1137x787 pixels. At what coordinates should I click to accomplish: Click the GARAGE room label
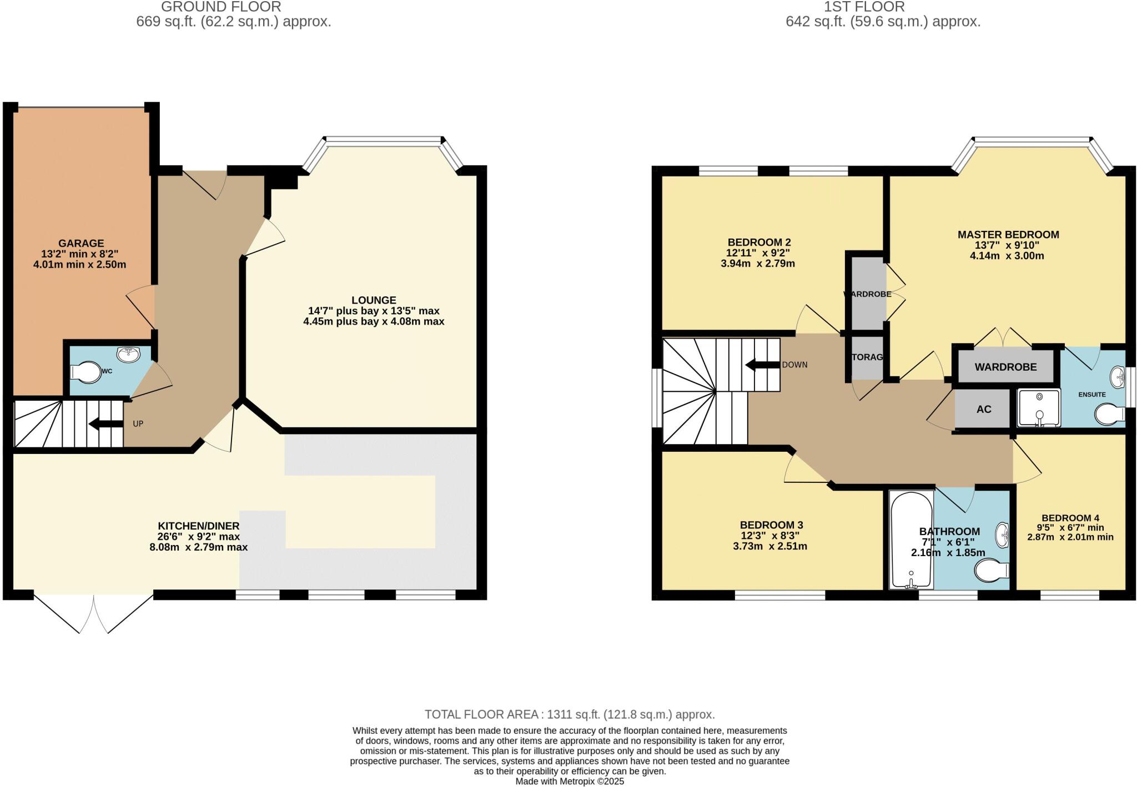pyautogui.click(x=81, y=243)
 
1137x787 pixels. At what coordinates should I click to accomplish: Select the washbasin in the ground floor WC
pyautogui.click(x=129, y=353)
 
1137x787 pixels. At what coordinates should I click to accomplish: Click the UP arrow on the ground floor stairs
pyautogui.click(x=106, y=425)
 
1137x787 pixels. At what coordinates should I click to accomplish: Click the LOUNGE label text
pyautogui.click(x=374, y=300)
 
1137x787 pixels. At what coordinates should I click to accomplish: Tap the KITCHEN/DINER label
pyautogui.click(x=199, y=526)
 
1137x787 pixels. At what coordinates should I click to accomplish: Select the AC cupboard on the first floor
pyautogui.click(x=983, y=409)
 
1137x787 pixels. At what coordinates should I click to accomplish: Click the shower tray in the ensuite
pyautogui.click(x=1039, y=408)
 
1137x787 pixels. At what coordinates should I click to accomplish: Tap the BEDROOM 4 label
pyautogui.click(x=1070, y=518)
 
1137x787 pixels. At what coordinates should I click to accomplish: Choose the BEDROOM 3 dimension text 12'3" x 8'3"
pyautogui.click(x=769, y=536)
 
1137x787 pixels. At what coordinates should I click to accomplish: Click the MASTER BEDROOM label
pyautogui.click(x=1008, y=235)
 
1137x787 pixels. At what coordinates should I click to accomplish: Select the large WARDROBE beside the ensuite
pyautogui.click(x=1005, y=367)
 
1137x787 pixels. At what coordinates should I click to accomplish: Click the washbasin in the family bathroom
pyautogui.click(x=1003, y=534)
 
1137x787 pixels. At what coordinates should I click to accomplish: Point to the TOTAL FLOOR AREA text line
pyautogui.click(x=570, y=714)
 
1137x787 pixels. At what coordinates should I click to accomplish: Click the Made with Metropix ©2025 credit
pyautogui.click(x=570, y=781)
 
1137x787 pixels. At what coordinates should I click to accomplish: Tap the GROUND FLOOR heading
pyautogui.click(x=221, y=7)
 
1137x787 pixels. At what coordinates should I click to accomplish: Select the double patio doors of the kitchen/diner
pyautogui.click(x=93, y=613)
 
